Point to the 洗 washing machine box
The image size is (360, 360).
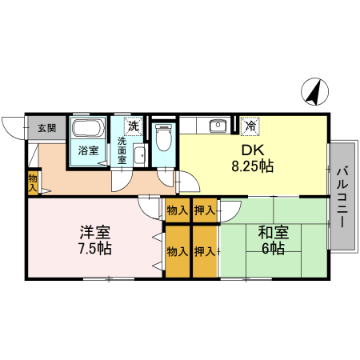point(133,126)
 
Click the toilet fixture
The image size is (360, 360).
point(162,138)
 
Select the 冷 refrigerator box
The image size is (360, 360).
point(250,126)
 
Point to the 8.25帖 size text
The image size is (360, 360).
point(253,167)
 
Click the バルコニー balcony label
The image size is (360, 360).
point(342,196)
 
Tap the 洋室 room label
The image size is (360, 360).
point(94,233)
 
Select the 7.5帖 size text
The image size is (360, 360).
point(94,249)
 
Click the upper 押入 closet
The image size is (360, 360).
point(205,211)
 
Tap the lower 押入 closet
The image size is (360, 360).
point(205,251)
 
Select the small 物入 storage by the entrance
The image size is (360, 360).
point(33,182)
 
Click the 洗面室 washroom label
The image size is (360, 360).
point(122,150)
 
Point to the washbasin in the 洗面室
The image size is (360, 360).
point(138,154)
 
